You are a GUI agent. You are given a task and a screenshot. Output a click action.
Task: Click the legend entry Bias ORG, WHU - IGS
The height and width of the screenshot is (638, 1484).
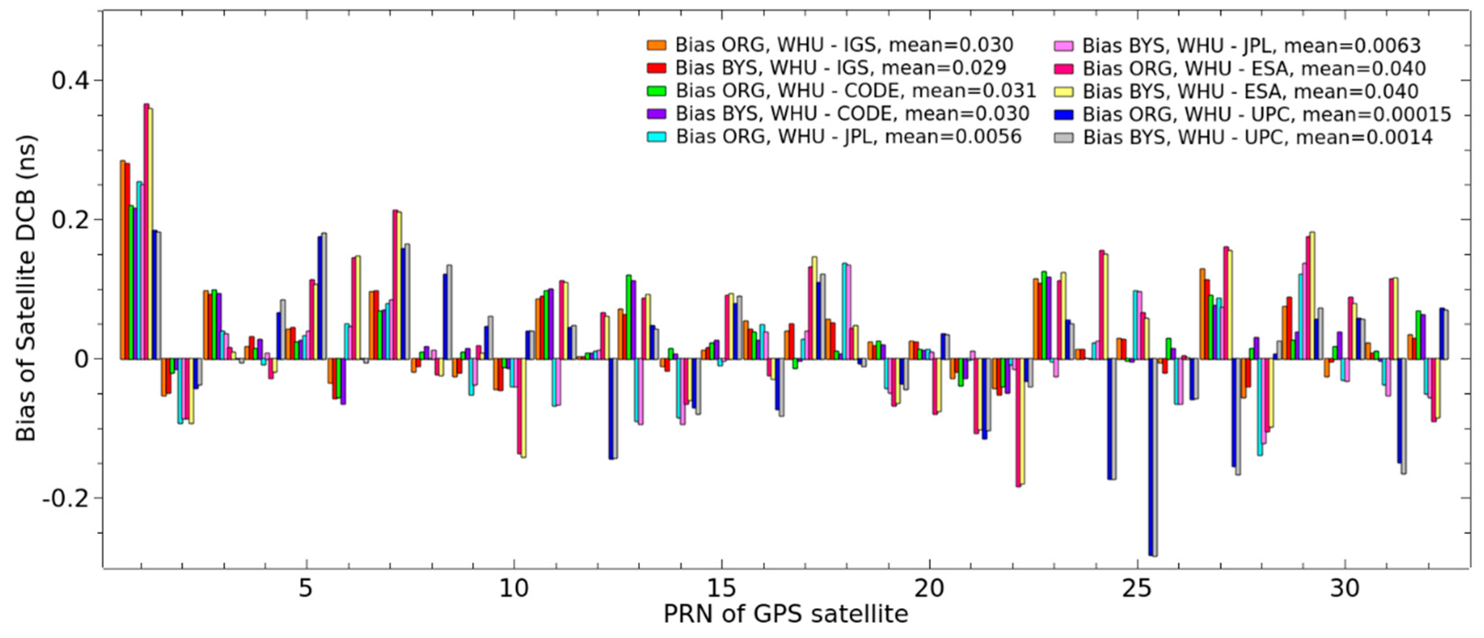click(830, 45)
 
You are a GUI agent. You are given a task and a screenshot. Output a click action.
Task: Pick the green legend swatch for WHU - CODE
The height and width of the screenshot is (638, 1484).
click(656, 91)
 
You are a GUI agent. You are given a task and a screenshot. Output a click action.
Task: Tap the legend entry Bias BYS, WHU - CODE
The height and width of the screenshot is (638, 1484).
click(838, 114)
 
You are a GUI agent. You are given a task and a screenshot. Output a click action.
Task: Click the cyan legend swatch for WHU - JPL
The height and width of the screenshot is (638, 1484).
click(656, 137)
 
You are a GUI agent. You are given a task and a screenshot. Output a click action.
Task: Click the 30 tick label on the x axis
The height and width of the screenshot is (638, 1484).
click(1345, 589)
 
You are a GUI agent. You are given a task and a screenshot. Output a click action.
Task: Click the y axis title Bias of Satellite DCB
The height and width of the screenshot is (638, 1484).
click(26, 288)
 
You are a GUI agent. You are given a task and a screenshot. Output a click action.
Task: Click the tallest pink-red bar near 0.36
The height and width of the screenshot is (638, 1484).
click(146, 230)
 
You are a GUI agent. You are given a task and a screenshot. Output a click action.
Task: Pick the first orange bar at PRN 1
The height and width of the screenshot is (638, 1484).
click(122, 259)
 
